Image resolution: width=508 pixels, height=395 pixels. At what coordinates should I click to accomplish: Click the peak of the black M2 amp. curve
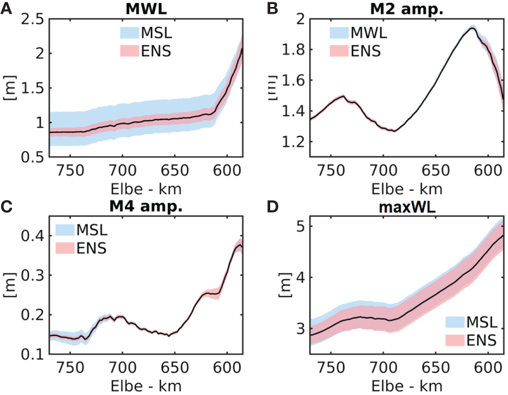(472, 27)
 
